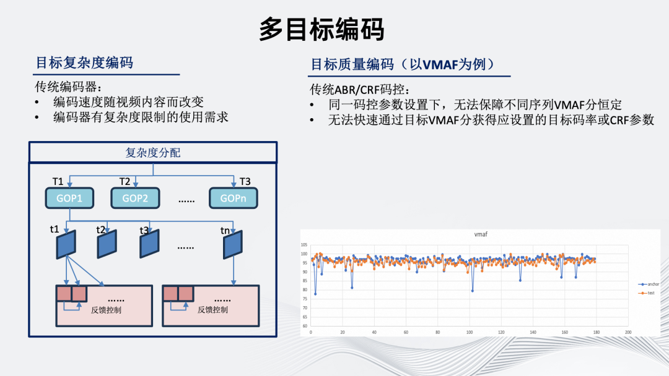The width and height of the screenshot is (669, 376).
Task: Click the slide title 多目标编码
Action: point(321,30)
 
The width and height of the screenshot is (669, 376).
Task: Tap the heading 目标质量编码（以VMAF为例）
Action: point(402,65)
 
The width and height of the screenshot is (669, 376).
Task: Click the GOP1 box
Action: point(69,199)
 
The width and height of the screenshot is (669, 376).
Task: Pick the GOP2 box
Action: point(135,199)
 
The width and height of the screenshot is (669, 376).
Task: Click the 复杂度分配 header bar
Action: point(152,152)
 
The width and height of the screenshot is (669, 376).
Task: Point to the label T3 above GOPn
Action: point(245,182)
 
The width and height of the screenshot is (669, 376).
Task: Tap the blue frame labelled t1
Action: point(66,244)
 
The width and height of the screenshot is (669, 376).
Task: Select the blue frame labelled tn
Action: point(233,244)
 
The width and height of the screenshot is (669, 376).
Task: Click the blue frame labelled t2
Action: point(107,244)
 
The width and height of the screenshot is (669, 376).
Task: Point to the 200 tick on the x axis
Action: point(628,332)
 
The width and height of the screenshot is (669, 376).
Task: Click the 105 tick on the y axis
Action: point(304,244)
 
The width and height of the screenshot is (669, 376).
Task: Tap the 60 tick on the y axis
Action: point(305,325)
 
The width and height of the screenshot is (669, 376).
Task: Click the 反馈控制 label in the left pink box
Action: point(106,309)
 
